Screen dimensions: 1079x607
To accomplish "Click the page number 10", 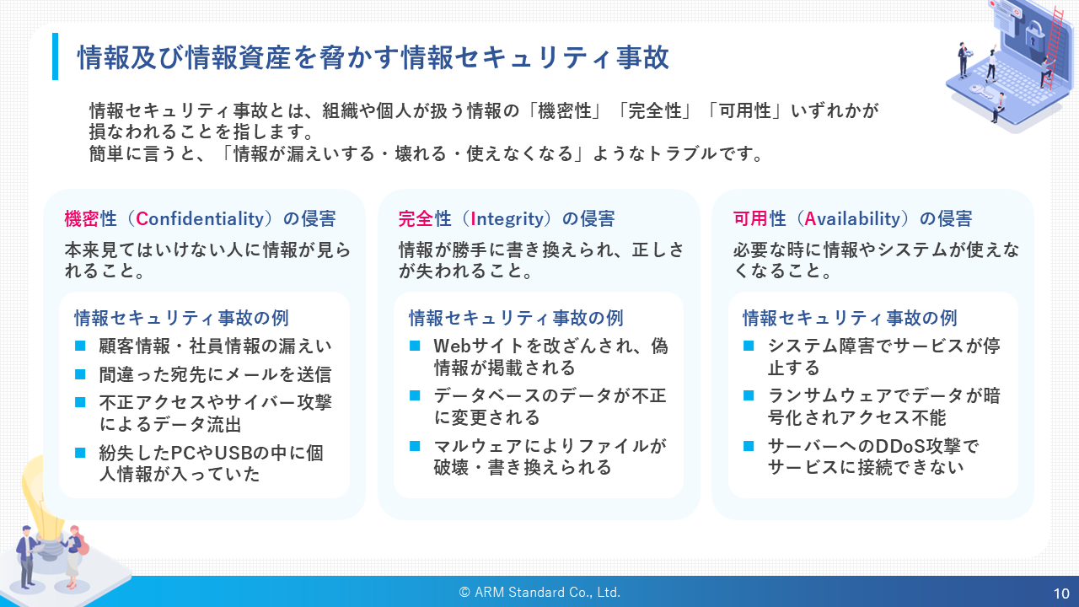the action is pos(1061,594).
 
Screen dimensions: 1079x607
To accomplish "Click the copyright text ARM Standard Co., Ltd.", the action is pos(547,592).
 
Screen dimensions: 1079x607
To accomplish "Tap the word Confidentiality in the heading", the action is pos(200,219).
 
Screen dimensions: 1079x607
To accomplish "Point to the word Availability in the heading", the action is pos(852,219).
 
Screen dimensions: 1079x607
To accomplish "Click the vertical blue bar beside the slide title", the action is pos(55,56).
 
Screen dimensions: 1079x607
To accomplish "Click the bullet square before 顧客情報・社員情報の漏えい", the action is pos(80,346).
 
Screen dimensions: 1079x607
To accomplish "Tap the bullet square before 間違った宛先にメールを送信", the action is pos(80,373).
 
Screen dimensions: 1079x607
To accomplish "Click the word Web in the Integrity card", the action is pos(452,346).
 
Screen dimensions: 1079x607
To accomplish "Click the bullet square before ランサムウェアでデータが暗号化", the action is pos(749,395).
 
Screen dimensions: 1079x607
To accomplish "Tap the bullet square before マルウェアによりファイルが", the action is pos(415,446).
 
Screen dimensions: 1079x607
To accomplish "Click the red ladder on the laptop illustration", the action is pos(1050,48).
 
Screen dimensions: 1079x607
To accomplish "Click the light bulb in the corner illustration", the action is pos(42,501).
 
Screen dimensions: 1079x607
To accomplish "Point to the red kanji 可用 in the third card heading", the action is pos(750,219).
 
